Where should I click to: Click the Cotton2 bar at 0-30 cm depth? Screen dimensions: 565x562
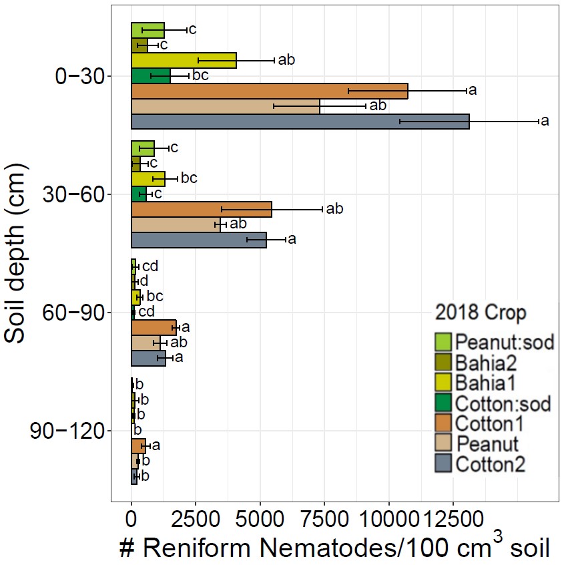tap(300, 122)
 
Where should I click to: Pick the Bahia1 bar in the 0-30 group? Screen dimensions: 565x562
tap(184, 60)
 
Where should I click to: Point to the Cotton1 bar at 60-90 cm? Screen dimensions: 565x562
tap(154, 327)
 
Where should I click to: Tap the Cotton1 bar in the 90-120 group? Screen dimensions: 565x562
tap(138, 445)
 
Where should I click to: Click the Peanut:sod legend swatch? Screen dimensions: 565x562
tap(444, 343)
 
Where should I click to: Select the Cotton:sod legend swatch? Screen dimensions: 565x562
tap(444, 403)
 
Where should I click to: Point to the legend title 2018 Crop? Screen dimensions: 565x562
tap(480, 313)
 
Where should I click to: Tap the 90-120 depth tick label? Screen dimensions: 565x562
tap(69, 431)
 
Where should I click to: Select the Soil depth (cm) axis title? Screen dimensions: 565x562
tap(19, 256)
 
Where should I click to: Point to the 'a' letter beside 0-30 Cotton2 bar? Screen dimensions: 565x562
tap(545, 121)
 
